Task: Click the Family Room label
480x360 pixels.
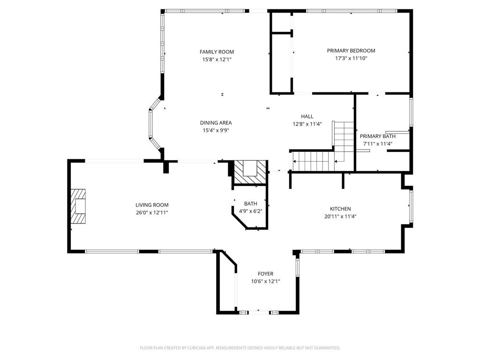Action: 217,52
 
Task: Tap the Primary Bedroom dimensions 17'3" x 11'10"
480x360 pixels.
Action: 351,58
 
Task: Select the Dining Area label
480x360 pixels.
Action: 216,123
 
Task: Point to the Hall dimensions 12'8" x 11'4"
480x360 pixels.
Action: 307,124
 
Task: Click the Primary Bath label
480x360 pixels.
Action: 377,136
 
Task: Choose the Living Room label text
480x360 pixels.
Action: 152,205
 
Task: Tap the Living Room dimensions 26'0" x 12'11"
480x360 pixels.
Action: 152,212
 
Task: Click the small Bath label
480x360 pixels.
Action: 250,203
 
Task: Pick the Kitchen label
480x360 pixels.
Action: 340,209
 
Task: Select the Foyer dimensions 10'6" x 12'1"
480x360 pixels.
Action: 265,281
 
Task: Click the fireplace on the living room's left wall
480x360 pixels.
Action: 78,206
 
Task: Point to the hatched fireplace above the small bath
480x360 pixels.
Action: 250,172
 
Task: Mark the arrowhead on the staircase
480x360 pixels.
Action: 336,161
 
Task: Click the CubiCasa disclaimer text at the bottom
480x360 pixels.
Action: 240,348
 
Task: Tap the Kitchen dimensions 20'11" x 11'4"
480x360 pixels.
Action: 340,217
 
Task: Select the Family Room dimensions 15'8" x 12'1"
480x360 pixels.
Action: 217,60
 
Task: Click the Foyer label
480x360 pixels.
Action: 265,274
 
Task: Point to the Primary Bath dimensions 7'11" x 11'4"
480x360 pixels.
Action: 377,143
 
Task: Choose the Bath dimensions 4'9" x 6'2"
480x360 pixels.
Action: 250,211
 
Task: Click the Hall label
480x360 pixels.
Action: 307,116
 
